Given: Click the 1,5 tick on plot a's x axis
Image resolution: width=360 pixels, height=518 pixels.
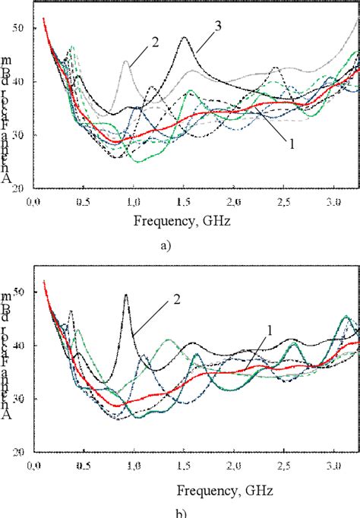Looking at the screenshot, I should [x=183, y=202].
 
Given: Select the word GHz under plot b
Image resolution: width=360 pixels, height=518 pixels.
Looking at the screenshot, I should [x=219, y=483].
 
